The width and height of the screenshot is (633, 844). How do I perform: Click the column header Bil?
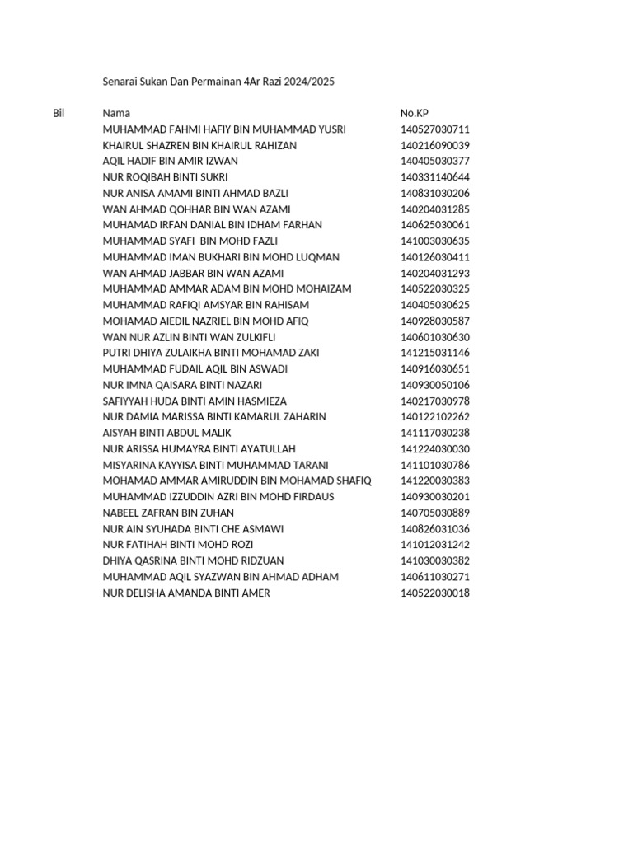pos(59,113)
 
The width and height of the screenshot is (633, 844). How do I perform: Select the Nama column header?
pos(116,113)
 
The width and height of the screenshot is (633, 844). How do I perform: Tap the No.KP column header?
pos(414,113)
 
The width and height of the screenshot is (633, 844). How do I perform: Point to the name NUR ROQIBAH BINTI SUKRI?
pos(165,177)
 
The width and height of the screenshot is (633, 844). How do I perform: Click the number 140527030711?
pos(435,129)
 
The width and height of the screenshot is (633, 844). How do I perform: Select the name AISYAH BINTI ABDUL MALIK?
pos(167,433)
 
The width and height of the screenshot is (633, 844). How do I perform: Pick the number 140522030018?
pos(435,593)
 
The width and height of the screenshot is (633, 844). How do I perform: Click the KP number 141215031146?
pos(435,353)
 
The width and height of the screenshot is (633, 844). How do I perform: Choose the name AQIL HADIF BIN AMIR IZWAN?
pos(170,162)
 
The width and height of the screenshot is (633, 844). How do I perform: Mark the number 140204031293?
pos(435,273)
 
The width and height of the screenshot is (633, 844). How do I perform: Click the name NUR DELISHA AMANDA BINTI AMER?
pos(186,593)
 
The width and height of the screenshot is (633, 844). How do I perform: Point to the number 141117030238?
pos(435,433)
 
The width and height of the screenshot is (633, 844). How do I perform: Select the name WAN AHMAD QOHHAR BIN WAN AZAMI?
pos(196,209)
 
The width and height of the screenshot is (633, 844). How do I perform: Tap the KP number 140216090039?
pos(435,145)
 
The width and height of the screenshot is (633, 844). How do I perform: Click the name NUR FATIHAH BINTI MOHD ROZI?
pos(178,545)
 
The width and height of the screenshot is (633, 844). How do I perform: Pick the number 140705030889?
pos(435,513)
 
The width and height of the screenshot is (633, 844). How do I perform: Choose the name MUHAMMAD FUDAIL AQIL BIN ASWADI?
pos(195,369)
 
